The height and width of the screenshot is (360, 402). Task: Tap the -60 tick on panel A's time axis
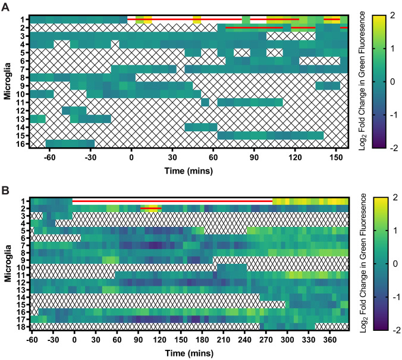pyautogui.click(x=50, y=157)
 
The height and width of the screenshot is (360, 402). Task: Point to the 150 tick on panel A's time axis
pyautogui.click(x=336, y=157)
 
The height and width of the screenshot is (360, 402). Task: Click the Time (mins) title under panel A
pyautogui.click(x=189, y=170)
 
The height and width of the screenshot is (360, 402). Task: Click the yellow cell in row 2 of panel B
pyautogui.click(x=151, y=208)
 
